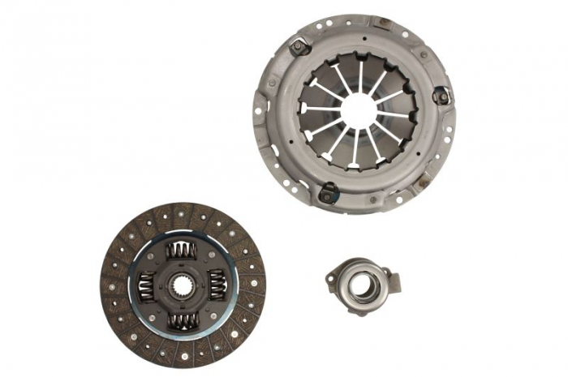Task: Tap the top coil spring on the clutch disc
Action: (181, 251)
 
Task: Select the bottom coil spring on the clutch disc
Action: (183, 321)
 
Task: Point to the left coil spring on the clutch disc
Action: (147, 287)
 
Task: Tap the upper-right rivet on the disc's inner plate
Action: (206, 259)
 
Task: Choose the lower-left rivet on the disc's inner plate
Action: (157, 311)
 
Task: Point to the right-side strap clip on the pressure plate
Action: (441, 96)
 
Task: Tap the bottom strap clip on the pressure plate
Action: (328, 193)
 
